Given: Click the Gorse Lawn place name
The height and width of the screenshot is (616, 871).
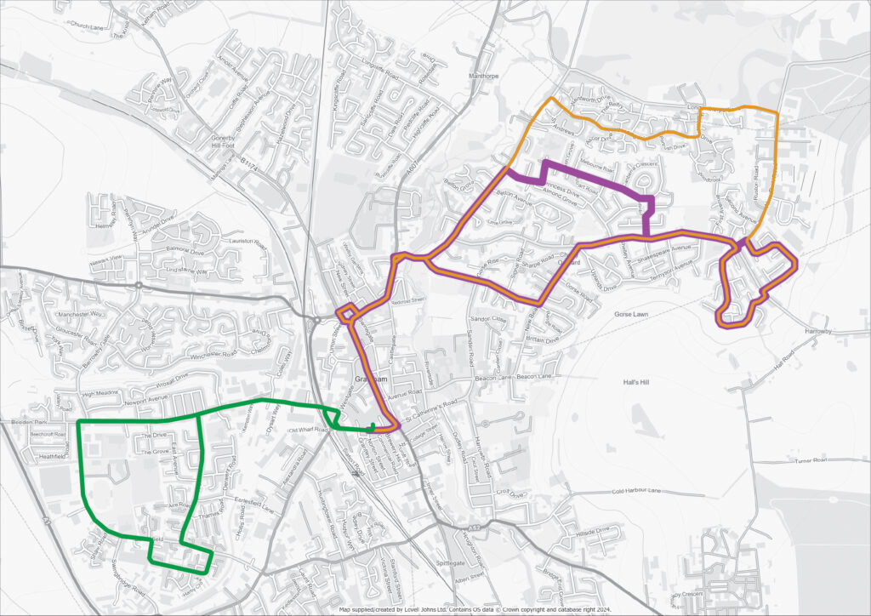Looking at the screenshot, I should (631, 314).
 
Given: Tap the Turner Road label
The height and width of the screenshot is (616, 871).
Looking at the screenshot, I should (811, 459).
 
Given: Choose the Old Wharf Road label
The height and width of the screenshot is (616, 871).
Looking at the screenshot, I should (308, 430).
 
